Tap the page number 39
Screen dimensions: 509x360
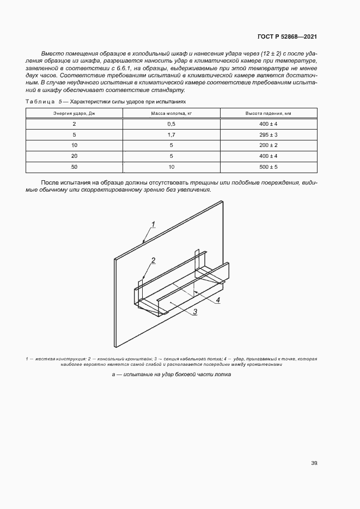pos(314,463)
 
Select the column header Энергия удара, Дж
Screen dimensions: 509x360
pos(74,113)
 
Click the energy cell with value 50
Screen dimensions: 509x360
pos(74,167)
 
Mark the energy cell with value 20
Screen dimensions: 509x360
pos(74,156)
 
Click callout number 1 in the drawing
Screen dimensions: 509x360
pos(154,224)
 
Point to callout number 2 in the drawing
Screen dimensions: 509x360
pos(154,260)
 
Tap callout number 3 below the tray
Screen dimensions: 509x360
pos(194,311)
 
